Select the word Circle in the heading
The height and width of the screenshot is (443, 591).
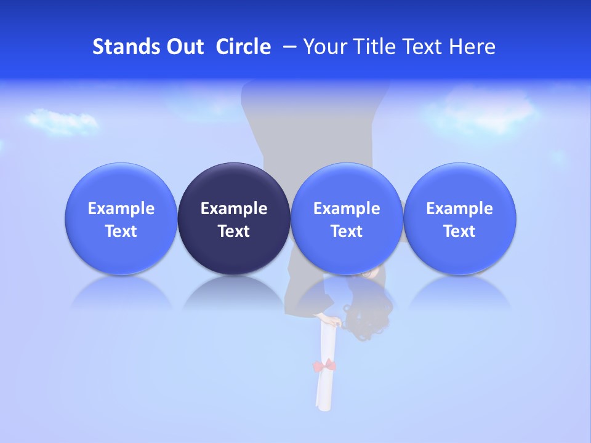tap(243, 47)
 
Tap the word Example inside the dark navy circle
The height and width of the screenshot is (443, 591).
tap(234, 209)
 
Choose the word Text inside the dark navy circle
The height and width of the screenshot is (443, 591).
tap(234, 231)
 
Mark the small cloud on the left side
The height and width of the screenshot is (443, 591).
tap(62, 121)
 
